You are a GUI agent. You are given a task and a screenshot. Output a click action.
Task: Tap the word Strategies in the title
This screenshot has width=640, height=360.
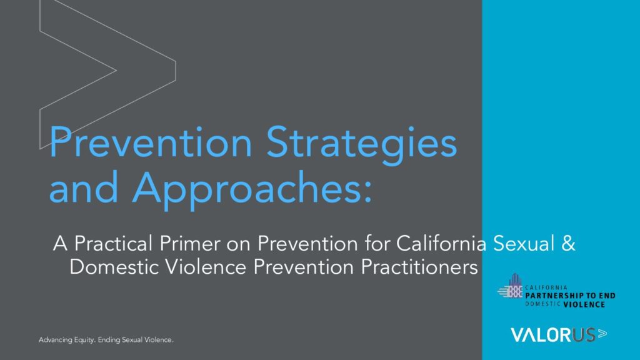(x=362, y=145)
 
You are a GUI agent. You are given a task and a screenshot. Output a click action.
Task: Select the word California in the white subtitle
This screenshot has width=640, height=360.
(x=441, y=243)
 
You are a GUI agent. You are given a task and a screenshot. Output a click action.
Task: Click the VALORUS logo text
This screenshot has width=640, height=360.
(x=552, y=335)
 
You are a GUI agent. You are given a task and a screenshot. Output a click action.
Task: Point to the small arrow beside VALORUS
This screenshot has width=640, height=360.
(x=602, y=334)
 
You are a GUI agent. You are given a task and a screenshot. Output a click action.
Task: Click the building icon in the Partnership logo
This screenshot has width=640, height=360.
(x=511, y=286)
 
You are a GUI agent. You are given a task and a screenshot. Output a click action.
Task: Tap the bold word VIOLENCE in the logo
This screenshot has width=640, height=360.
(x=584, y=304)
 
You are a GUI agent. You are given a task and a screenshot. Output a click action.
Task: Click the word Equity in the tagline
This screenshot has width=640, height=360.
(x=84, y=340)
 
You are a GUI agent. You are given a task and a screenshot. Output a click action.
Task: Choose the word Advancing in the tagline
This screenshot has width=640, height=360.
(x=55, y=340)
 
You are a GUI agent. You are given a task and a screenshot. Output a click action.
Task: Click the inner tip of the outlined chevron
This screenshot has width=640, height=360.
(x=116, y=70)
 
